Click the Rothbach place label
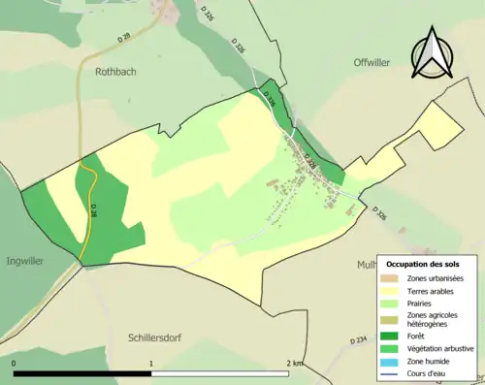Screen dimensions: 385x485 click(119, 71)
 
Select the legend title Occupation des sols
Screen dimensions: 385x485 click(423, 264)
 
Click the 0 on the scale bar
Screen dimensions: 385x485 click(14, 363)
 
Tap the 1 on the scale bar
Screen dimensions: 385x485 click(151, 363)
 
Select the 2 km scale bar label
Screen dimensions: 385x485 click(295, 363)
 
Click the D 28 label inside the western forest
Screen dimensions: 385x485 click(93, 209)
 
